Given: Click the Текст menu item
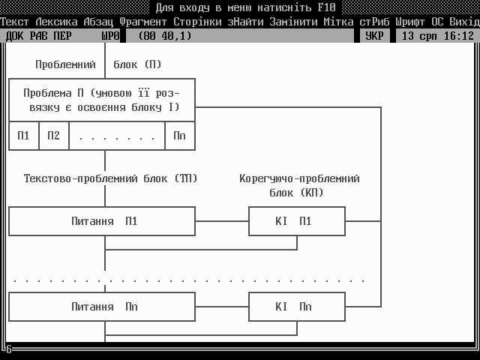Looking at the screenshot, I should [x=15, y=22].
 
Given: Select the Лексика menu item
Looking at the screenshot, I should [x=56, y=22].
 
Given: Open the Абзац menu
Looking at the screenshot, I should [x=98, y=22].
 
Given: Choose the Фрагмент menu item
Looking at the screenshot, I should [x=143, y=22].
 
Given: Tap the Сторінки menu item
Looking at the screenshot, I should [x=197, y=22].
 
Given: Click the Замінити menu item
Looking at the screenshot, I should [x=293, y=22].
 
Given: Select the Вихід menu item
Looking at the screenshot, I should [x=464, y=22].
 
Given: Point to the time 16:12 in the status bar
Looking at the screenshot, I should [x=458, y=35].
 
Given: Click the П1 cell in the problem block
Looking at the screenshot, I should [x=24, y=136].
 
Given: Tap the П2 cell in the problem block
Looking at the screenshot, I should [x=53, y=136].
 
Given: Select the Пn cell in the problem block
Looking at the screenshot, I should [x=179, y=136].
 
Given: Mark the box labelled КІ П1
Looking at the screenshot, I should [x=296, y=221].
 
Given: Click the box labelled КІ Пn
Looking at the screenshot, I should [x=296, y=307].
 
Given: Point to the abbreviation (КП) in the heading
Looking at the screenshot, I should [x=311, y=193].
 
